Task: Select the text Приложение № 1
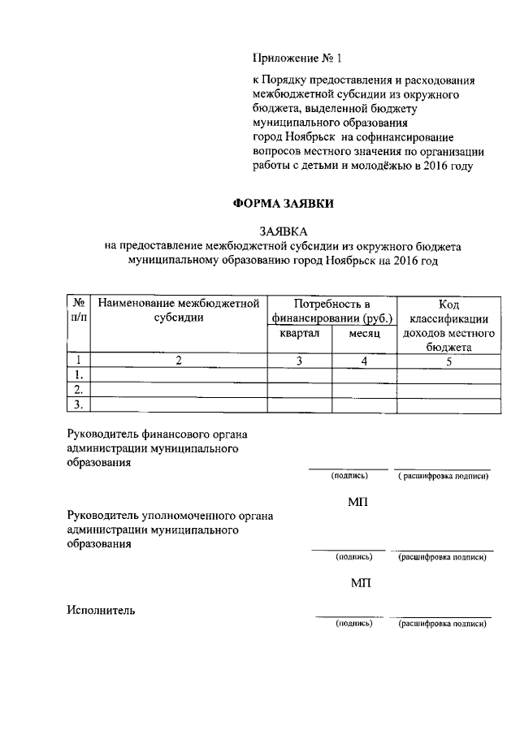click(x=298, y=58)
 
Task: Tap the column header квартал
click(x=300, y=334)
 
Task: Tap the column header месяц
click(x=365, y=334)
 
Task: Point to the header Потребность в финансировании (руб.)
click(x=332, y=311)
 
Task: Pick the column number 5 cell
click(x=448, y=361)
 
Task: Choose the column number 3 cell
click(x=300, y=361)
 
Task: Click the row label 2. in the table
click(x=77, y=389)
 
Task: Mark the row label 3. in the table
click(x=77, y=404)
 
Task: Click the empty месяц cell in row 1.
click(x=365, y=375)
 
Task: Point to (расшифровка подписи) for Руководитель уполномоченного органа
click(x=443, y=558)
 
